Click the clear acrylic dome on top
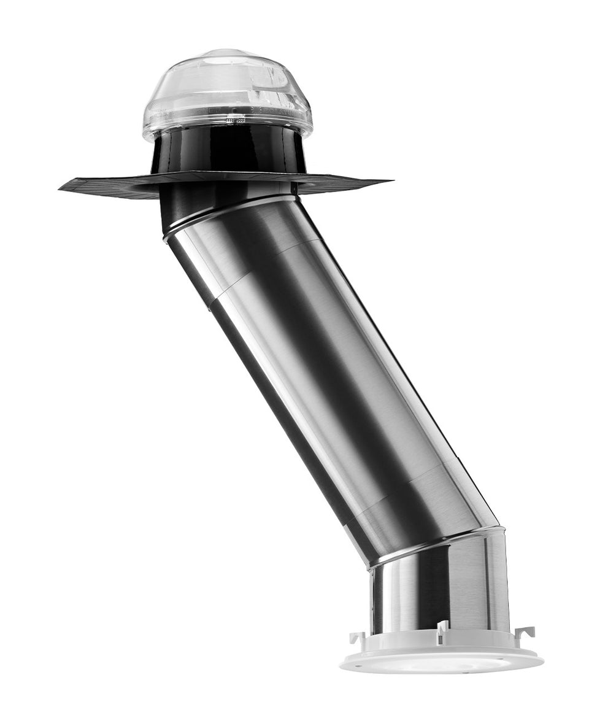tap(227, 92)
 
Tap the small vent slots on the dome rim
tap(236, 121)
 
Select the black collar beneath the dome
tap(228, 150)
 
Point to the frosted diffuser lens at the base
tap(442, 663)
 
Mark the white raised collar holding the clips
tap(399, 641)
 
